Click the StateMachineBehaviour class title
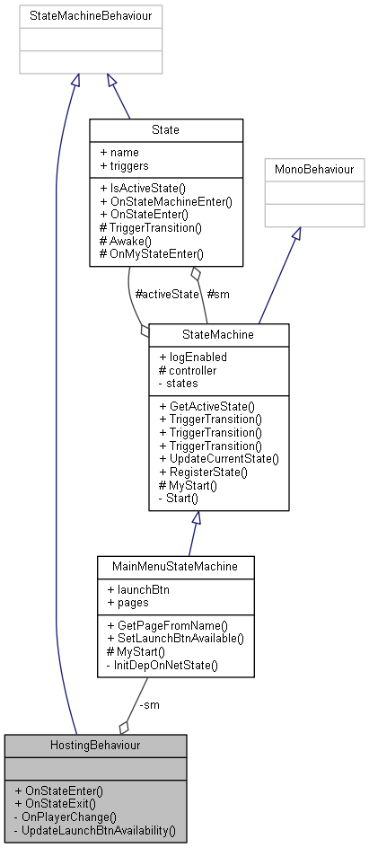(x=91, y=16)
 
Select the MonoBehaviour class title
(x=314, y=170)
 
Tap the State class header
(x=166, y=130)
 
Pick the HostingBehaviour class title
(x=95, y=746)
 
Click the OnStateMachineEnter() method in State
(x=166, y=201)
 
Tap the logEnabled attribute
(x=194, y=357)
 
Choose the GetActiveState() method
(x=206, y=405)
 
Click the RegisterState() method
(x=203, y=471)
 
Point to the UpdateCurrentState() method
(x=218, y=458)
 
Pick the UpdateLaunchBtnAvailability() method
(x=95, y=830)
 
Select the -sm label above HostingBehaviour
(x=149, y=704)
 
